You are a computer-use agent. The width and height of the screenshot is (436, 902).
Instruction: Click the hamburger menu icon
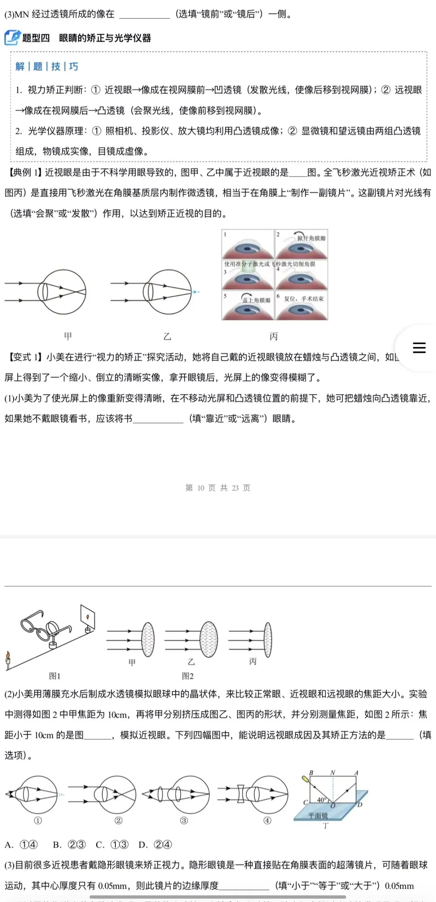click(x=419, y=348)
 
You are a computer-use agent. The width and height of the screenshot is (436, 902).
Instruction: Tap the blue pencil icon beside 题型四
click(x=12, y=38)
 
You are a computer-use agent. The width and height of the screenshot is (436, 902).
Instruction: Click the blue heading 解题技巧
click(x=47, y=66)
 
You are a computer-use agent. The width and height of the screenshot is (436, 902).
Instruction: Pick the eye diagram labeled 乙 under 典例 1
click(x=168, y=292)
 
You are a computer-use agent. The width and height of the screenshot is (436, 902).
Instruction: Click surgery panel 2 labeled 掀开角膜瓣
click(x=301, y=244)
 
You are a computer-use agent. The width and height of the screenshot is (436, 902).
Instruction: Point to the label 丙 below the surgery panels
click(x=274, y=336)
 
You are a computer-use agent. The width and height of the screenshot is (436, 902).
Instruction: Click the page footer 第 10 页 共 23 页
click(x=218, y=488)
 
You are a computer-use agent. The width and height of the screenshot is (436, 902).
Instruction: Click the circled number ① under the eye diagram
click(x=38, y=820)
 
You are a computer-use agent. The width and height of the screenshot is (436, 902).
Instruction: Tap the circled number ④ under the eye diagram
click(x=267, y=820)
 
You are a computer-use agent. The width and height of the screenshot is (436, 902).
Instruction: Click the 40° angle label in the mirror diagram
click(x=322, y=800)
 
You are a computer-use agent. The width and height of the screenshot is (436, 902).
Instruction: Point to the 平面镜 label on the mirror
click(x=318, y=816)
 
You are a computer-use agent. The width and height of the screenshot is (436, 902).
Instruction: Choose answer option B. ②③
click(x=69, y=845)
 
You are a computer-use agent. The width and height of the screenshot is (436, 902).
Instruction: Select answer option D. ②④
click(x=155, y=845)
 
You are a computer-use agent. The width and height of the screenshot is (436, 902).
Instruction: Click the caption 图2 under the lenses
click(x=188, y=676)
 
